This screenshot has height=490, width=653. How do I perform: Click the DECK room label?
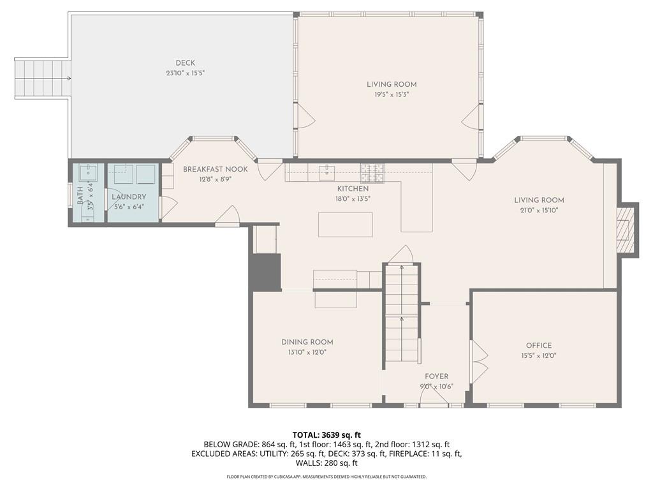186,63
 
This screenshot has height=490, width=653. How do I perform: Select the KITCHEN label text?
353,189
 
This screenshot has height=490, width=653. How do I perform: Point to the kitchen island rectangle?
345,225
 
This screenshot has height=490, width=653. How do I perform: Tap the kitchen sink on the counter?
328,170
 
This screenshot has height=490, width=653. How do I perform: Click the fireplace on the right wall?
627,230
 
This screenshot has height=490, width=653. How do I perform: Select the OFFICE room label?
539,346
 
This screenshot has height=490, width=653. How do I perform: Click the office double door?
478,361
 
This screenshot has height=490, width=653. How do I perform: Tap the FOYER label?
437,376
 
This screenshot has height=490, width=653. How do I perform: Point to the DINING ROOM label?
307,342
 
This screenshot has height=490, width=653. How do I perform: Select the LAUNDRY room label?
129,197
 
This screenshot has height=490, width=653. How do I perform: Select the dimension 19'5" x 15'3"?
392,94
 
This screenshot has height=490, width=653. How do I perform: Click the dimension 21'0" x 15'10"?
539,210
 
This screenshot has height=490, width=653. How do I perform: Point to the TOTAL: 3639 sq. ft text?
326,435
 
